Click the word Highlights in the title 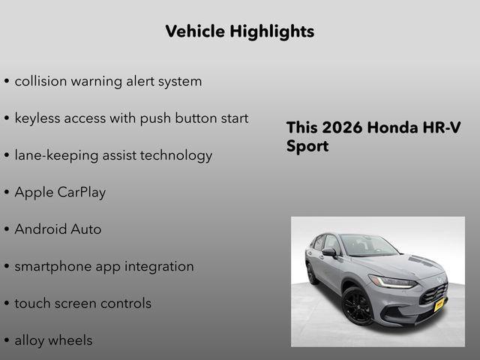pyautogui.click(x=274, y=31)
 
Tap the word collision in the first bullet pyautogui.click(x=40, y=81)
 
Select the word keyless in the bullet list pyautogui.click(x=37, y=118)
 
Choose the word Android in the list pyautogui.click(x=40, y=229)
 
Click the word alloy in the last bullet pyautogui.click(x=31, y=340)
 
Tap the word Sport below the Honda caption pyautogui.click(x=307, y=146)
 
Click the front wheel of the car pyautogui.click(x=357, y=307)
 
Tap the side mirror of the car pyautogui.click(x=328, y=253)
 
